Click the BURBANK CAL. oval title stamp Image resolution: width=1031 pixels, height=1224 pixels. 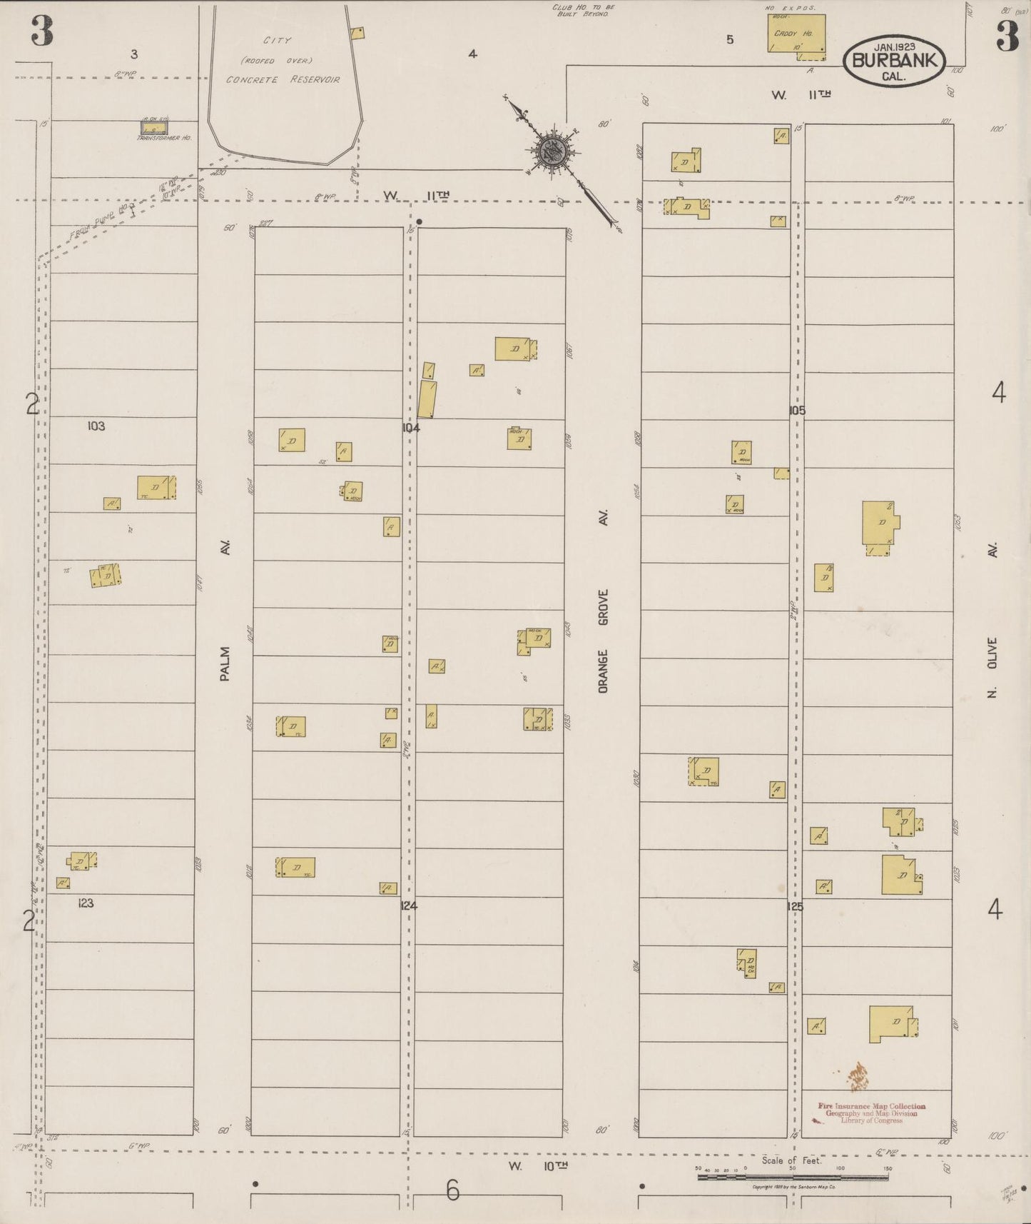click(894, 61)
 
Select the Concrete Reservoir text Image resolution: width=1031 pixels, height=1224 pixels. click(283, 79)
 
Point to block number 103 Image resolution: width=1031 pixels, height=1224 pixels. click(96, 426)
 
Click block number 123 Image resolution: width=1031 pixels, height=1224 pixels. click(86, 903)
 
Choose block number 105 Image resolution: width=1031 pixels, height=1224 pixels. click(797, 411)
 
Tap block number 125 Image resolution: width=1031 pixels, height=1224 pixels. click(795, 907)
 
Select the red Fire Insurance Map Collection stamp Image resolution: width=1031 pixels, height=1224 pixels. click(872, 1113)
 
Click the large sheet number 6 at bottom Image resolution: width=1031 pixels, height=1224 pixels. click(453, 1190)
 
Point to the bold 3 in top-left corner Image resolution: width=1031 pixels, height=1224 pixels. click(42, 32)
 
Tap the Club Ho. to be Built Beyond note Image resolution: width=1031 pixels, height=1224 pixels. click(583, 10)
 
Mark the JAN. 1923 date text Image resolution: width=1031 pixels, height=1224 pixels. click(895, 46)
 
